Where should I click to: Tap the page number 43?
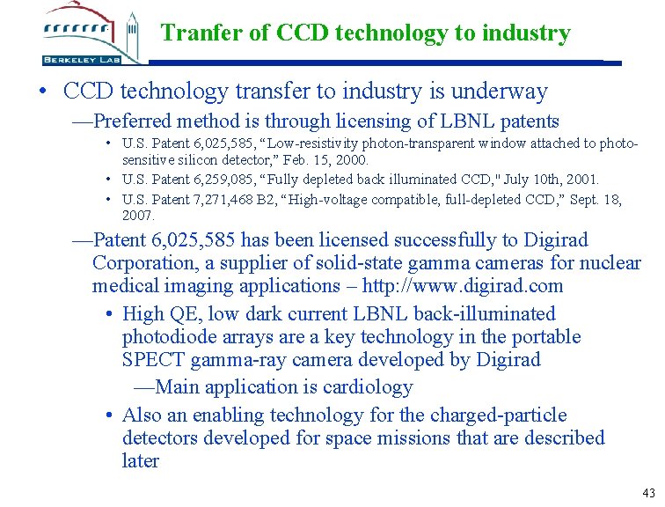click(649, 493)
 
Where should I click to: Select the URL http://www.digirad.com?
click(483, 286)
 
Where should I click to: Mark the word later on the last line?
click(141, 460)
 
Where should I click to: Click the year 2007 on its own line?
click(140, 215)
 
